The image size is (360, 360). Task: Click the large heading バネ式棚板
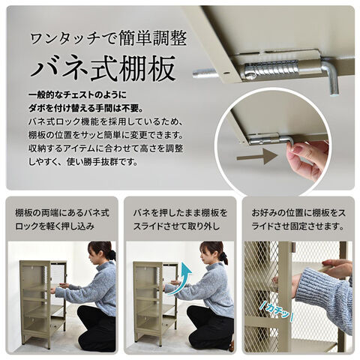(103, 67)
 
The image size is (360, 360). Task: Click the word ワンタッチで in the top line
(72, 39)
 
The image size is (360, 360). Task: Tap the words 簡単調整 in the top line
(153, 38)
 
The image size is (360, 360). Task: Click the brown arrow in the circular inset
(257, 157)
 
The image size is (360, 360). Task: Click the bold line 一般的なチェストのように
(78, 95)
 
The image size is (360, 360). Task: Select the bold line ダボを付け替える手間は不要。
(85, 109)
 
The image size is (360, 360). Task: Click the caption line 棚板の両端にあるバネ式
(62, 213)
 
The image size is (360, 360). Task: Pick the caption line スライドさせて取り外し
(176, 226)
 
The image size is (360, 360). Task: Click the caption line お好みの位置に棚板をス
(298, 213)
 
